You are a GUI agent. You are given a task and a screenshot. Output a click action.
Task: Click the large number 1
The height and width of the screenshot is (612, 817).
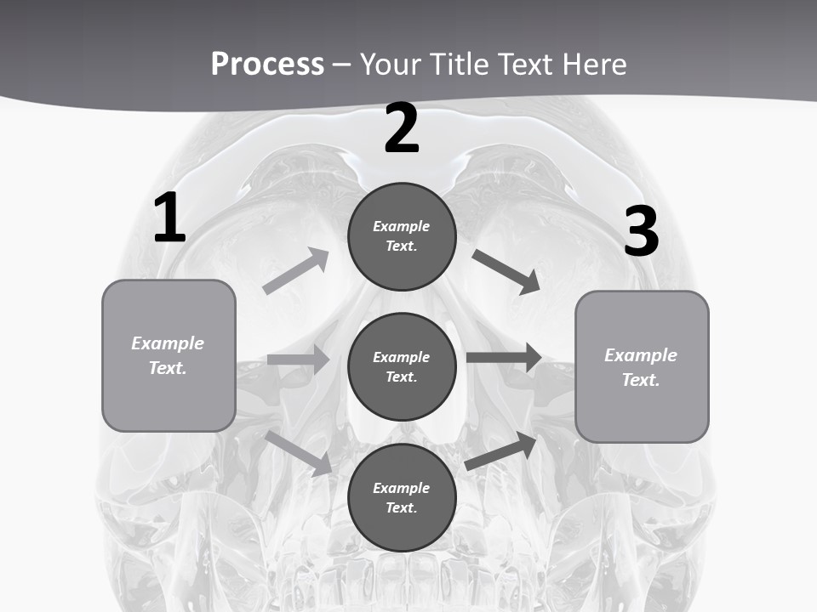169,218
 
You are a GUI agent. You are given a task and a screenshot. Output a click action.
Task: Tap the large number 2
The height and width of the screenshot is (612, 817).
402,128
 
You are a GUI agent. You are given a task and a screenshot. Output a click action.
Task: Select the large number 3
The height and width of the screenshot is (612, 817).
641,232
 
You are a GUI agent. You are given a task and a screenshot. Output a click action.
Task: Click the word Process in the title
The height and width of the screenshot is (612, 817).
267,65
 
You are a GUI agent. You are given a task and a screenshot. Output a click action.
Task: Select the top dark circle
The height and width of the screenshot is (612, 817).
402,236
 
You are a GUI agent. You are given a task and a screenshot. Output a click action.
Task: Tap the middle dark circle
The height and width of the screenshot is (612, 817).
402,366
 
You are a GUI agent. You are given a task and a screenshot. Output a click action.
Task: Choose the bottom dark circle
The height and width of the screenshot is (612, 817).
402,497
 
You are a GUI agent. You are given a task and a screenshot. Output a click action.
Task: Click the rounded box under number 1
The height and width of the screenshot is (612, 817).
169,355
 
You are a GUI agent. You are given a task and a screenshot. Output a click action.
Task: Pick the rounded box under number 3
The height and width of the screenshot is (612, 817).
642,366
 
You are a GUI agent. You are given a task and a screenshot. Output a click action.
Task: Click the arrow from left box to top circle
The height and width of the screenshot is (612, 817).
296,271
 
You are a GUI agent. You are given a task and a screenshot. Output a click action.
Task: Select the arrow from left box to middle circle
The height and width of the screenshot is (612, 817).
299,360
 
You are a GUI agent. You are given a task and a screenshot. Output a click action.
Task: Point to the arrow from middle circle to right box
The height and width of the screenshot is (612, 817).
504,357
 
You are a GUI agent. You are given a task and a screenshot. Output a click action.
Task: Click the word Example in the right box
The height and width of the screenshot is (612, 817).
641,355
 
